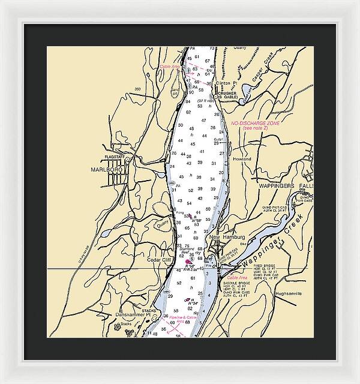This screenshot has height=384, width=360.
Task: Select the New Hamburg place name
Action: [x=224, y=238]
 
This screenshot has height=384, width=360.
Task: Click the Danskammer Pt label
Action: [x=130, y=314]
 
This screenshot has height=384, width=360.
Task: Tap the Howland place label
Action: [x=242, y=160]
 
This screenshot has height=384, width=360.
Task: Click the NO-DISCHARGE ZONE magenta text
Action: [x=255, y=122]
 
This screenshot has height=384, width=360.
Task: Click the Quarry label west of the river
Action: [x=161, y=226]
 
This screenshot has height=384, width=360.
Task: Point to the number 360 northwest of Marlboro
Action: [x=137, y=89]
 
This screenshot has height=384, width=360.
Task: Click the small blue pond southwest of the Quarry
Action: [x=105, y=233]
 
